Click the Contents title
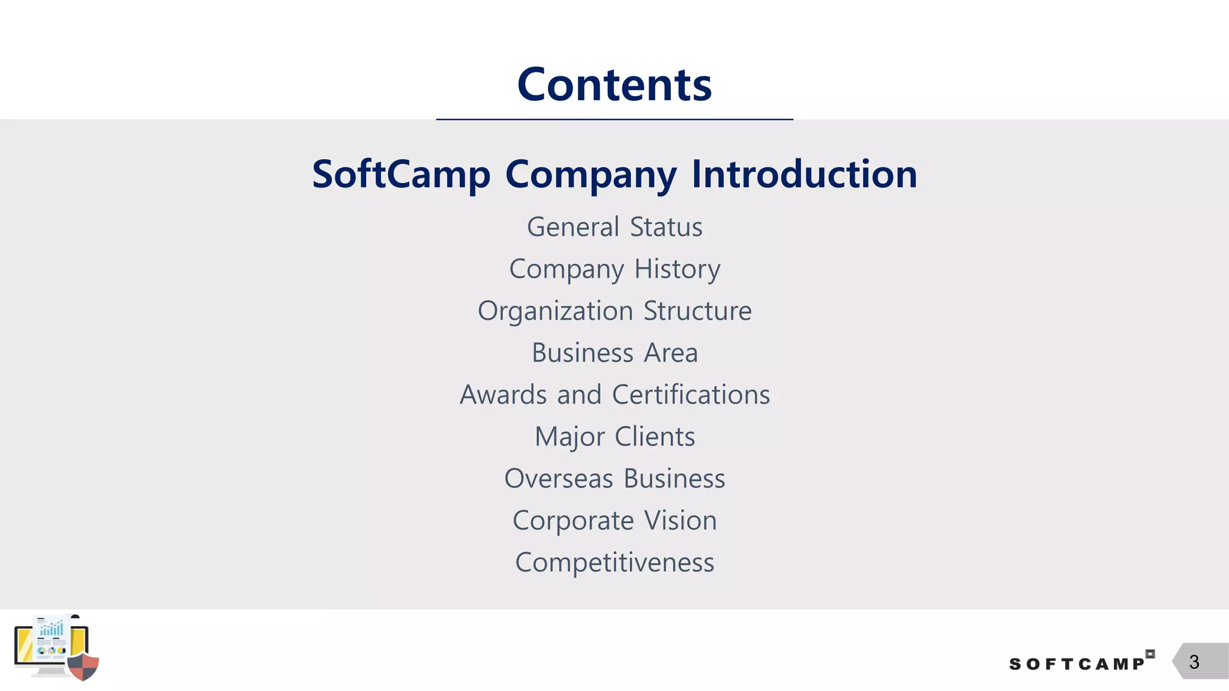pyautogui.click(x=614, y=85)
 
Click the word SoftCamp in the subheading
pyautogui.click(x=401, y=175)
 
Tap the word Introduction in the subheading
pyautogui.click(x=804, y=175)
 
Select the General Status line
pyautogui.click(x=614, y=227)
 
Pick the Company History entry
pyautogui.click(x=614, y=269)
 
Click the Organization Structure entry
pyautogui.click(x=614, y=311)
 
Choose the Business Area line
pyautogui.click(x=614, y=353)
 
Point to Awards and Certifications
pyautogui.click(x=614, y=395)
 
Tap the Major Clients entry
pyautogui.click(x=614, y=437)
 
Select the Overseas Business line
pyautogui.click(x=614, y=479)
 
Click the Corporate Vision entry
pyautogui.click(x=614, y=521)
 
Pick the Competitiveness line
pyautogui.click(x=614, y=563)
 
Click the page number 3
pyautogui.click(x=1194, y=662)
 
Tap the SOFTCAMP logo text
pyautogui.click(x=1077, y=664)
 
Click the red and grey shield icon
pyautogui.click(x=83, y=666)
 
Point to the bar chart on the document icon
pyautogui.click(x=52, y=629)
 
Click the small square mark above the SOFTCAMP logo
pyautogui.click(x=1150, y=654)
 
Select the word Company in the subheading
pyautogui.click(x=590, y=175)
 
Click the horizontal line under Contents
pyautogui.click(x=614, y=119)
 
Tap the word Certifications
pyautogui.click(x=691, y=395)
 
